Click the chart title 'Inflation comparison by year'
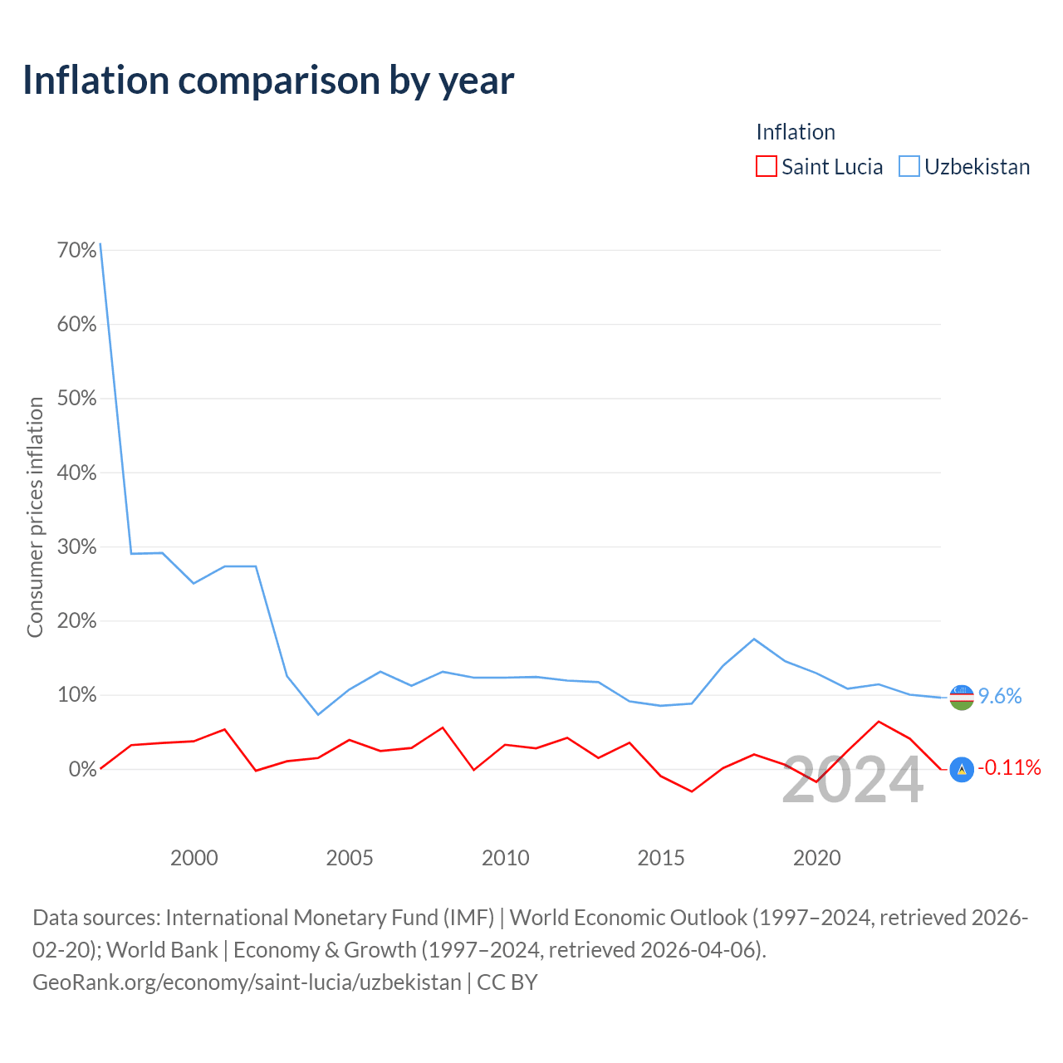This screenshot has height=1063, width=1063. point(268,81)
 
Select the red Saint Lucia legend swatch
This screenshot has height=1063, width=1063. point(766,166)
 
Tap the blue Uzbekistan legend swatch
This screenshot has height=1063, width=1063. point(909,166)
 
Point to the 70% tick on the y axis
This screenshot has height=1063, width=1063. point(76,251)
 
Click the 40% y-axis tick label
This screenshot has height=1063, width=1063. point(76,473)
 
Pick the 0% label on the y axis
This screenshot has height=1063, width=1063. point(83,769)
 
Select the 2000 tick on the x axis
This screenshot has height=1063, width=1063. point(193,859)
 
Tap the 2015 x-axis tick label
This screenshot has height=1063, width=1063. point(660,859)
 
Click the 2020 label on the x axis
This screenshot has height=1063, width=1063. point(816,859)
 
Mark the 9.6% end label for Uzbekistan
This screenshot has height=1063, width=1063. point(1000,696)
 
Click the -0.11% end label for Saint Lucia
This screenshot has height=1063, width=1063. point(1009,767)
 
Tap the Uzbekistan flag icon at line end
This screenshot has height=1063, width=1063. point(962,698)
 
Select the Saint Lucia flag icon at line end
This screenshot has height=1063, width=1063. point(962,769)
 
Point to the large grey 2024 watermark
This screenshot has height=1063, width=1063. point(852,780)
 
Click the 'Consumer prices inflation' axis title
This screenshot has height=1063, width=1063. point(35,517)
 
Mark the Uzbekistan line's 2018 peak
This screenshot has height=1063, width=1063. point(754,639)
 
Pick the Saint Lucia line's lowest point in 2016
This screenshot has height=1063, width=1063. point(692,791)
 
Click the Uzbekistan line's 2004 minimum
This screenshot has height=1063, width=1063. point(318,714)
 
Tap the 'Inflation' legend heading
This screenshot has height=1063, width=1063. point(796,132)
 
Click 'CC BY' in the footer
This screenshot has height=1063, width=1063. point(507,982)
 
